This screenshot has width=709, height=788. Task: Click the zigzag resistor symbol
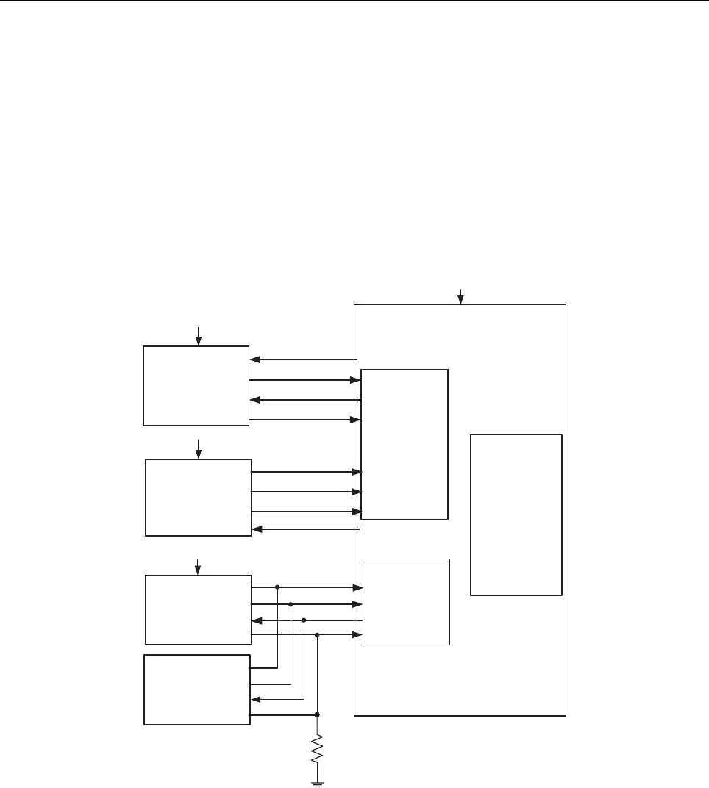coord(317,750)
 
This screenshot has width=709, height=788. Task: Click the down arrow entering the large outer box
coord(460,296)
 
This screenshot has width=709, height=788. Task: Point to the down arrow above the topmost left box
coord(198,336)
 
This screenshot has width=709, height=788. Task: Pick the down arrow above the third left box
coord(197,566)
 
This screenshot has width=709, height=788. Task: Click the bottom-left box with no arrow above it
coord(197,689)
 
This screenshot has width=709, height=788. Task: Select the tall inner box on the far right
coord(516,515)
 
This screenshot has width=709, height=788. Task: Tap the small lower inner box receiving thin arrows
coord(406,602)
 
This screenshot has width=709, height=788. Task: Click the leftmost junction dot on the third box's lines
coord(277,587)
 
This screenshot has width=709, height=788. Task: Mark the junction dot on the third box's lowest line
coord(317,634)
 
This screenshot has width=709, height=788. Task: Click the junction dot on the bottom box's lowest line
coord(317,714)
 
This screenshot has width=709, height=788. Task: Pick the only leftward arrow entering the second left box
coord(257,529)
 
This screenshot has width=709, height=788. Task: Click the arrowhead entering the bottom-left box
coord(255,699)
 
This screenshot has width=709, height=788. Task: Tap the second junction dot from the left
coord(291,604)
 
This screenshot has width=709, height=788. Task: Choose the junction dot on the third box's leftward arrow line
coord(304,620)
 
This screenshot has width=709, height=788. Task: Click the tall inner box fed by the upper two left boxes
coord(405,444)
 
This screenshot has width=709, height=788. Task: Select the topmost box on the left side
coord(196,385)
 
